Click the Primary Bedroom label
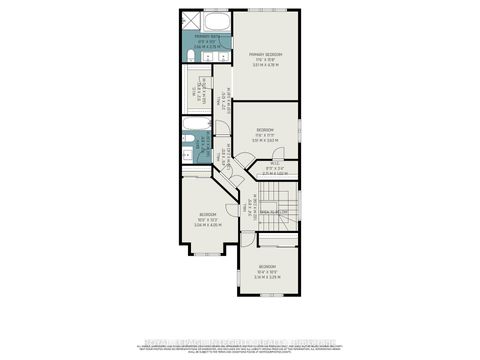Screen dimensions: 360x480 [x=267, y=56]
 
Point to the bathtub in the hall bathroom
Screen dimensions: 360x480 [x=195, y=127]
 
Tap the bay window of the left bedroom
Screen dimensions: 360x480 [x=208, y=253]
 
